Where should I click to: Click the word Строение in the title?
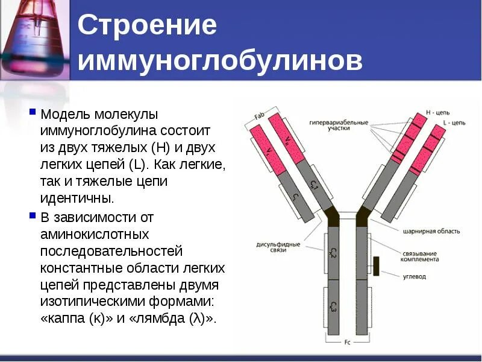pos(148,26)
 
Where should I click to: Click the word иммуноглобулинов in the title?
pos(221,61)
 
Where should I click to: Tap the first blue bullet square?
pos(33,112)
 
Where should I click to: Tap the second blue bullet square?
pos(33,215)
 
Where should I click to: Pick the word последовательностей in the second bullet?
pos(111,250)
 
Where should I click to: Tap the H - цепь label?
pos(438,112)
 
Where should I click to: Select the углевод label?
pos(415,277)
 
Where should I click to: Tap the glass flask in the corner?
pos(30,36)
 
